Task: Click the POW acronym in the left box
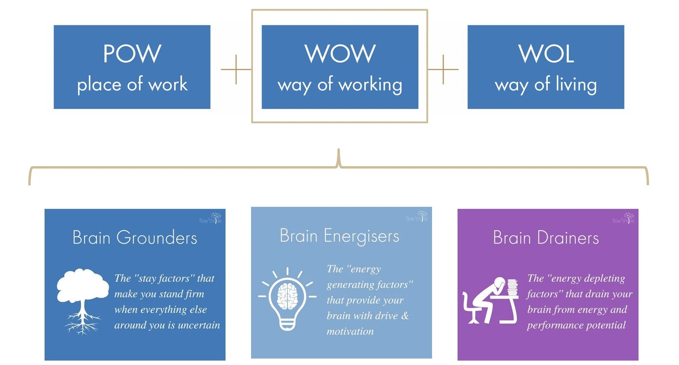pyautogui.click(x=132, y=54)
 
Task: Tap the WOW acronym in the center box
pyautogui.click(x=340, y=54)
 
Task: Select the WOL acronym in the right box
pyautogui.click(x=546, y=54)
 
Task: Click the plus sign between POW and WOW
pyautogui.click(x=236, y=69)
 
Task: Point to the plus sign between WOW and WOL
pyautogui.click(x=443, y=69)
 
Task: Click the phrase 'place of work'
pyautogui.click(x=132, y=84)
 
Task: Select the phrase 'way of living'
pyautogui.click(x=546, y=84)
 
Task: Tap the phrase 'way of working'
pyautogui.click(x=340, y=84)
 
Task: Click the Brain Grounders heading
pyautogui.click(x=135, y=237)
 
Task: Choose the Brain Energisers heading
pyautogui.click(x=339, y=236)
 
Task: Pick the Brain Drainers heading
pyautogui.click(x=546, y=237)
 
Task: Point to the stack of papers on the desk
pyautogui.click(x=512, y=287)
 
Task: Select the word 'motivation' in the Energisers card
pyautogui.click(x=350, y=331)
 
